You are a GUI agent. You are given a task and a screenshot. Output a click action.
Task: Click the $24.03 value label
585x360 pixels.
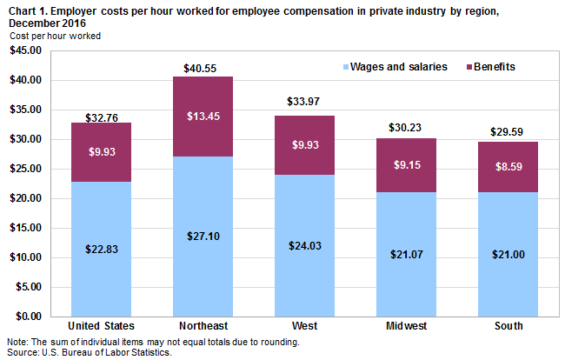(x=305, y=245)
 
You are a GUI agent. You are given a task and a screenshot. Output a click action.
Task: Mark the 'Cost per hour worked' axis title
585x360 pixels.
(x=56, y=37)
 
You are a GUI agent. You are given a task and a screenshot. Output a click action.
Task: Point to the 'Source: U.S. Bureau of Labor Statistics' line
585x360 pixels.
(x=90, y=352)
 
